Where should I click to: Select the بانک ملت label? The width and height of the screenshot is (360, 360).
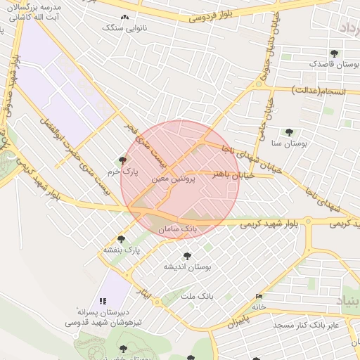point(197,297)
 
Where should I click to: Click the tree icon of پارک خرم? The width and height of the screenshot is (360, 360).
point(123,160)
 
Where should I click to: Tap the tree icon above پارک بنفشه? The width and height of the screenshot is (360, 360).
point(121,239)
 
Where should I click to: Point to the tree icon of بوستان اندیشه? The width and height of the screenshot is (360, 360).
point(187,256)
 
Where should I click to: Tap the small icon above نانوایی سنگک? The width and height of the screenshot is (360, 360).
point(125,17)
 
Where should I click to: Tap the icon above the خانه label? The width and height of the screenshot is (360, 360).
point(259,297)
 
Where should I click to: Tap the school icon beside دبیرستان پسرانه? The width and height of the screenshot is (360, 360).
point(104,300)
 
